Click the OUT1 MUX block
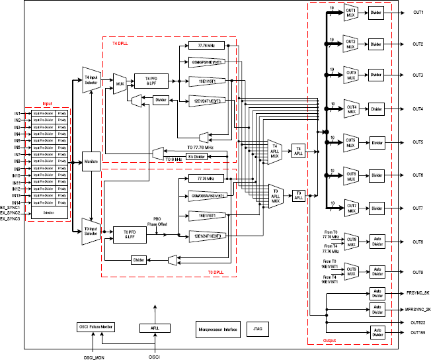350,13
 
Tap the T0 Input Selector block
90,232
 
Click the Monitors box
90,161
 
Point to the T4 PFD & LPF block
150,81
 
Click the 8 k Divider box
196,156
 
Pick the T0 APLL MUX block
274,197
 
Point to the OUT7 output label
418,208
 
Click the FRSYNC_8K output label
416,292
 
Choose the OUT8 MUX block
350,243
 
